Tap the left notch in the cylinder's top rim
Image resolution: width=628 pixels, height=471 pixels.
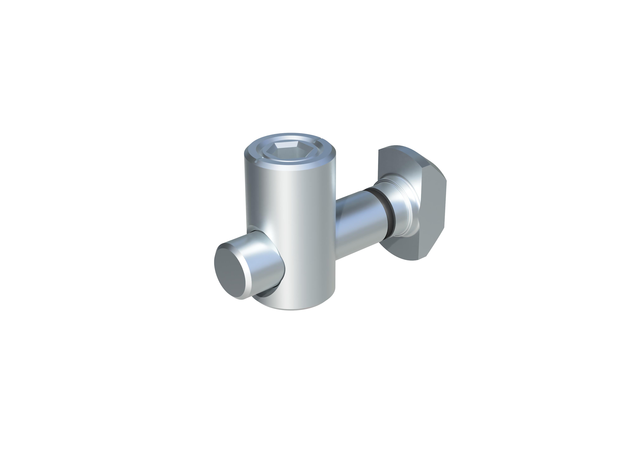click(x=257, y=160)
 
